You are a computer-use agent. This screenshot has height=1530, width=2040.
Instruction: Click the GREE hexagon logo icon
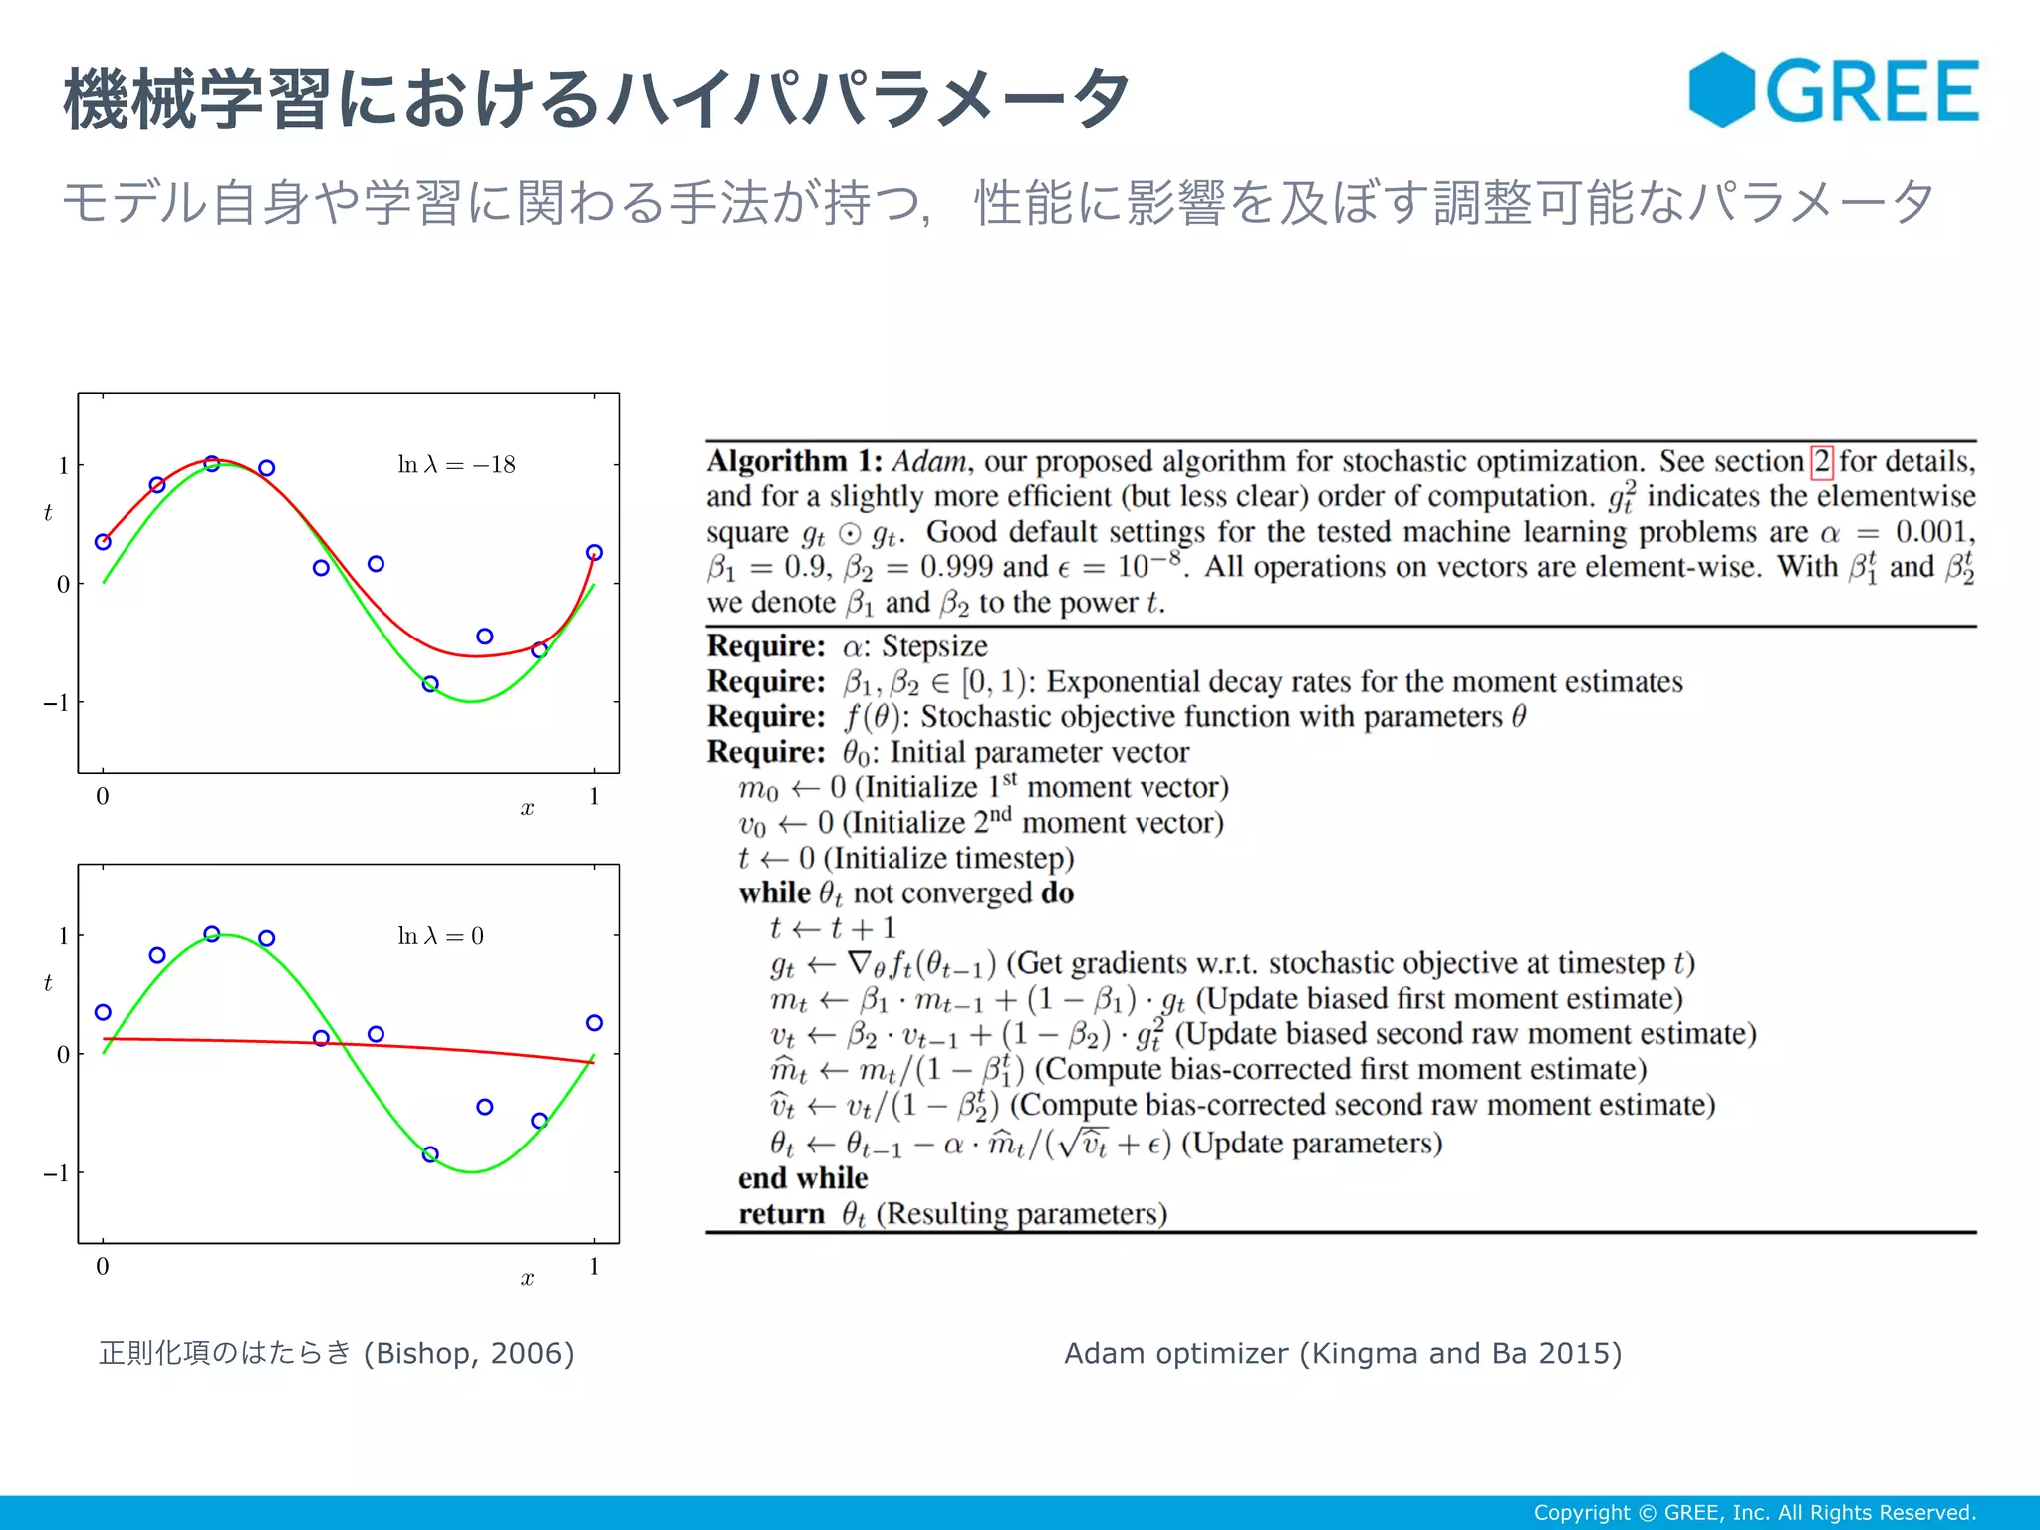click(x=1721, y=90)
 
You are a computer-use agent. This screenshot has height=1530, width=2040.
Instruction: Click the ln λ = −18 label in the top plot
click(x=456, y=465)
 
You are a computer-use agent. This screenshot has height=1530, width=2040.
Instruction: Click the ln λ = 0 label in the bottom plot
click(x=440, y=936)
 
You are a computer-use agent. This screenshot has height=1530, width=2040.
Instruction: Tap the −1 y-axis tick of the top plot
click(x=56, y=703)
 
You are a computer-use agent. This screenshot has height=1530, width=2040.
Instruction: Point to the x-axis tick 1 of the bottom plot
click(x=594, y=1267)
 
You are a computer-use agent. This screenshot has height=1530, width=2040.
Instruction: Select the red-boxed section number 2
click(x=1821, y=461)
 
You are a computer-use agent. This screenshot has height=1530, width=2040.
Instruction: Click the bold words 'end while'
click(x=802, y=1178)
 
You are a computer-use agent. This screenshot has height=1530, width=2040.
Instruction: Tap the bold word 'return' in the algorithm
click(x=781, y=1214)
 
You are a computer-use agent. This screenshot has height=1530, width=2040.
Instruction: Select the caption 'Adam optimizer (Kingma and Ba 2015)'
click(x=1342, y=1353)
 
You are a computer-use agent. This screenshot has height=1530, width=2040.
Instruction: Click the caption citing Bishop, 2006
click(x=337, y=1353)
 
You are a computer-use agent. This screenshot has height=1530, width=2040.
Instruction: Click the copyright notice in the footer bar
click(x=1754, y=1512)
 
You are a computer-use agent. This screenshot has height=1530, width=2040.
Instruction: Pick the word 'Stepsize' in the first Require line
click(x=934, y=646)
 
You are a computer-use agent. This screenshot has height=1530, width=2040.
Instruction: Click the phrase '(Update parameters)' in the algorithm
click(x=1311, y=1143)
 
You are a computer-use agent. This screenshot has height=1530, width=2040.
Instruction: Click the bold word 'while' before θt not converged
click(x=774, y=892)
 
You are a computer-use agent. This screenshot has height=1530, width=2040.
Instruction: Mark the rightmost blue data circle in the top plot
click(x=594, y=553)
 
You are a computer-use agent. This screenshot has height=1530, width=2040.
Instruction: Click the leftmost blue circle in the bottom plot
click(x=103, y=1012)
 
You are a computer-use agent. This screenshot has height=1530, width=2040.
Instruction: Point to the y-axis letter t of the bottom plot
click(x=48, y=983)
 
